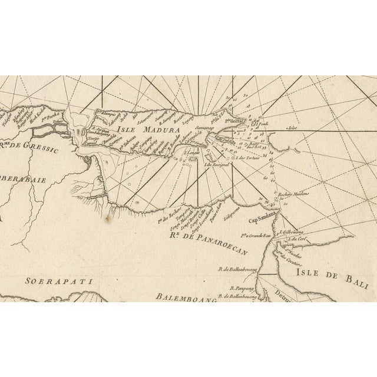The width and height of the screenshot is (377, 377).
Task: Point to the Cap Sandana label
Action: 262,221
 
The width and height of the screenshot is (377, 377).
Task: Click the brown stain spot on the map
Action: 107,220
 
